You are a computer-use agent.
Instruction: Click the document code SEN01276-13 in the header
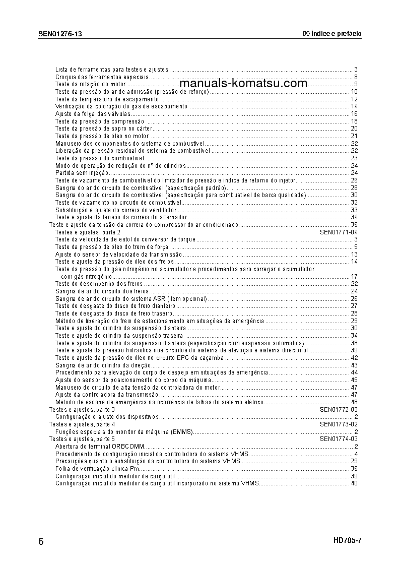coord(60,34)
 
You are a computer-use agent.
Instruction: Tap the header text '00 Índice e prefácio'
coord(332,34)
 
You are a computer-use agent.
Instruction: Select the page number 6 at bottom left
coord(41,542)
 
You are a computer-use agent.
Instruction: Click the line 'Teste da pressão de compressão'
coord(100,121)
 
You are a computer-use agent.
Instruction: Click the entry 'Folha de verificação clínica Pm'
coord(98,469)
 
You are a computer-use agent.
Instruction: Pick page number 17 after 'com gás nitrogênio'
coord(354,277)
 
